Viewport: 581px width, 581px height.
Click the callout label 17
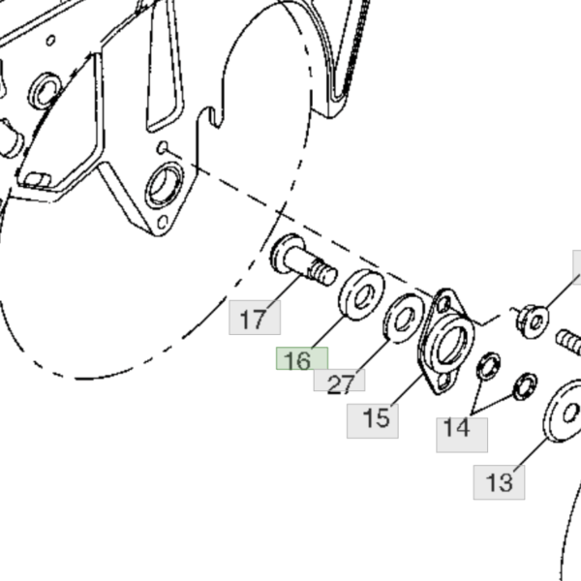coord(255,318)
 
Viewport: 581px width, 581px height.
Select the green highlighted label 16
coord(301,358)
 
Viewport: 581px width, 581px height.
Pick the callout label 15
coord(373,421)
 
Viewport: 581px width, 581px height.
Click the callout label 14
coord(462,435)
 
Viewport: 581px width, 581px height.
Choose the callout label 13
coord(499,482)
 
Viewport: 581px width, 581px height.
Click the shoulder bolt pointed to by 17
coord(303,260)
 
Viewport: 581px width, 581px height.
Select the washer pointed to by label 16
coord(361,294)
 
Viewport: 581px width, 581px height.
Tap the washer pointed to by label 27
coord(404,318)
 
